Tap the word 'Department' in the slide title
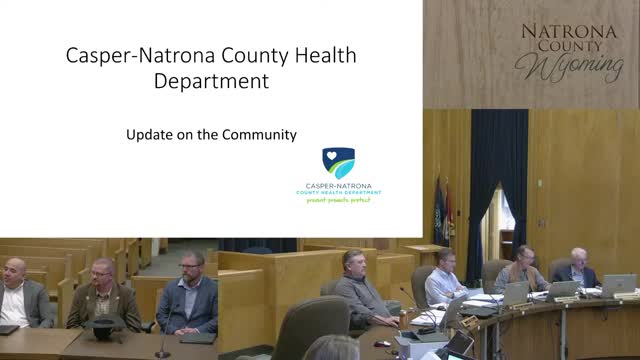212,81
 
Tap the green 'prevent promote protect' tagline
338,200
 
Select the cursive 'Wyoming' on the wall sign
568,66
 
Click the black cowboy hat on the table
103,324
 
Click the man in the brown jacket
103,295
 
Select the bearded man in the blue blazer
190,295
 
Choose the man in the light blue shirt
444,280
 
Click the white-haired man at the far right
577,267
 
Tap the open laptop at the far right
617,285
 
